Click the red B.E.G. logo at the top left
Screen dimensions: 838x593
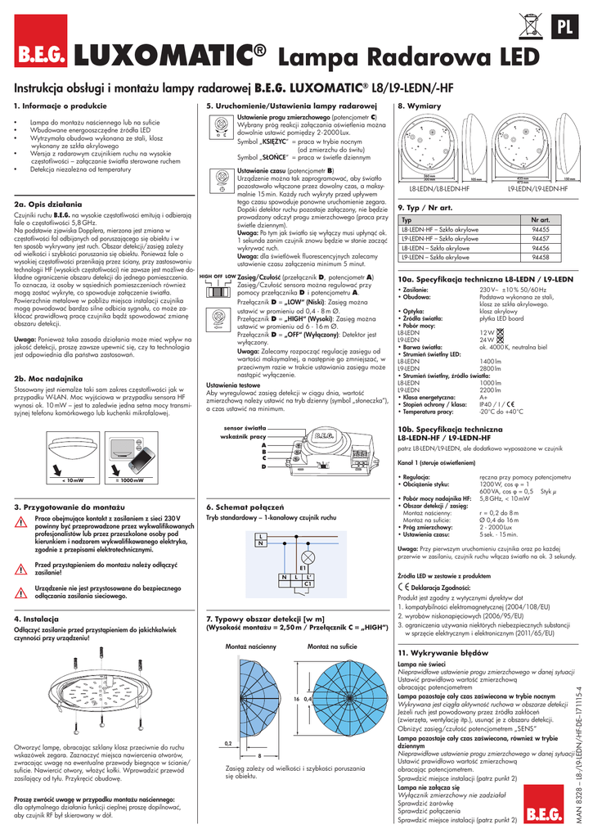tap(42, 57)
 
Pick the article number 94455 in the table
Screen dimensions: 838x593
tap(541, 231)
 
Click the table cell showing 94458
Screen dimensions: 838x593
tap(541, 257)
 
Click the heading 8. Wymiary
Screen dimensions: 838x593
tap(419, 107)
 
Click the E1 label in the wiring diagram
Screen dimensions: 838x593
tap(303, 566)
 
